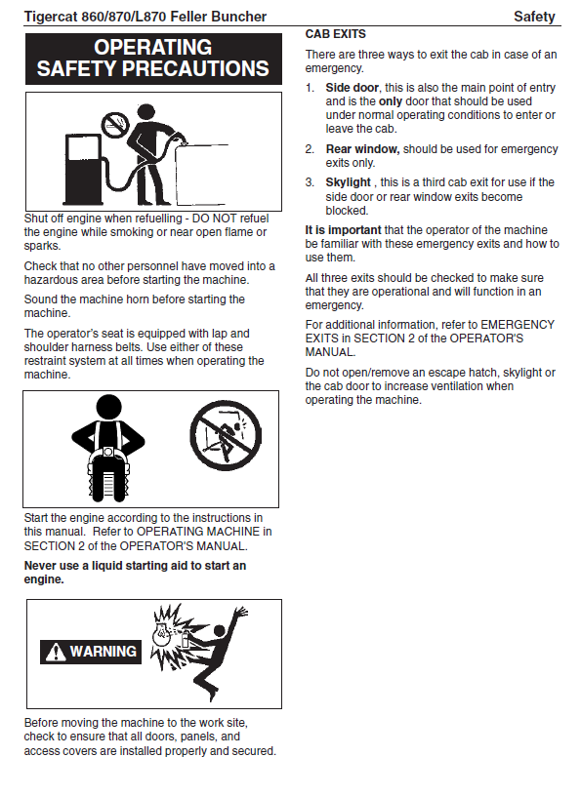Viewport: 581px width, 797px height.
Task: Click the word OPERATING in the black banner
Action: pos(152,47)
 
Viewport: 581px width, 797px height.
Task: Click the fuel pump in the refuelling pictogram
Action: pos(82,169)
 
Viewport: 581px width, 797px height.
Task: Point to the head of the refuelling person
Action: pos(146,112)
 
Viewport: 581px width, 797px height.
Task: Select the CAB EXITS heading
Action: pos(335,34)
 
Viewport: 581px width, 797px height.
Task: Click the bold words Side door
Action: pos(353,88)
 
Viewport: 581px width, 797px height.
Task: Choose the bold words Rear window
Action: pos(362,149)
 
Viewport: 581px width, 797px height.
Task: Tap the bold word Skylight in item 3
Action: pos(348,182)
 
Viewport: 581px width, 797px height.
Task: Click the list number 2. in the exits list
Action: pos(310,149)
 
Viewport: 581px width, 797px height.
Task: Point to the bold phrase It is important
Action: pos(343,230)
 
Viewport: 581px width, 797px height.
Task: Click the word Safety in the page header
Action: pos(534,17)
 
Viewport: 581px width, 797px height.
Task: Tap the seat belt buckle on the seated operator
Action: pos(108,452)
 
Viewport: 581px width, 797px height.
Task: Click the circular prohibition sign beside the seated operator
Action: pos(226,436)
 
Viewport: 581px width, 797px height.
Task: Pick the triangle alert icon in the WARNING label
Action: pos(55,652)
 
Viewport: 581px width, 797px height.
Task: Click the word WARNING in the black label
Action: pos(104,652)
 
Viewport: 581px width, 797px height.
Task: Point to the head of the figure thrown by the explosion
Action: pos(220,632)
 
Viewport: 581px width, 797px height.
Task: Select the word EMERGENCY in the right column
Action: pos(518,324)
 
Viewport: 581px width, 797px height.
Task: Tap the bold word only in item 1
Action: pos(391,101)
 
